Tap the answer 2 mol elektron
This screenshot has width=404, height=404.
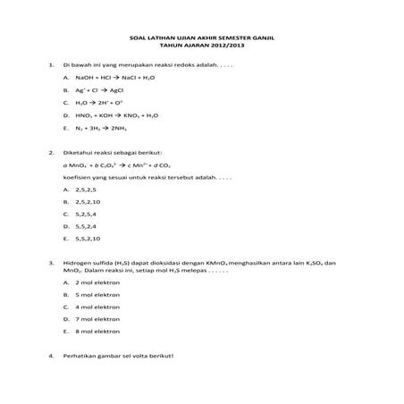coord(98,282)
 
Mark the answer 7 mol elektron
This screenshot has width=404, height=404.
coord(98,318)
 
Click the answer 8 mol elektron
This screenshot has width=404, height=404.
coord(98,331)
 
